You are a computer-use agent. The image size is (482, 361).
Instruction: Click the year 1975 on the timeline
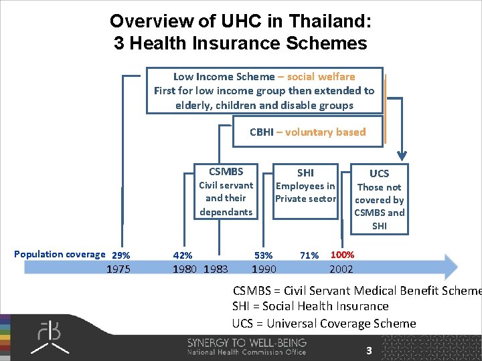pyautogui.click(x=119, y=269)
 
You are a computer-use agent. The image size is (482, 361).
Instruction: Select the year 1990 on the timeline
pyautogui.click(x=263, y=269)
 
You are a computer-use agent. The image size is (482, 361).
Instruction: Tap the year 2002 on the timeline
pyautogui.click(x=341, y=269)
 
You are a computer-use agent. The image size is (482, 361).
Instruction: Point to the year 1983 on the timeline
pyautogui.click(x=214, y=269)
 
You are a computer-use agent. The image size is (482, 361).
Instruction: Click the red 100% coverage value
pyautogui.click(x=343, y=255)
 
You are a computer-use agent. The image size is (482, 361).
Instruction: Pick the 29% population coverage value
pyautogui.click(x=121, y=255)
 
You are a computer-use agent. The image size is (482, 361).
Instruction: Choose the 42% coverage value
pyautogui.click(x=183, y=255)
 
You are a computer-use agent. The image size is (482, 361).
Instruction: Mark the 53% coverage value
pyautogui.click(x=263, y=255)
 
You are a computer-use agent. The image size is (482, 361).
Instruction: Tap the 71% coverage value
pyautogui.click(x=309, y=255)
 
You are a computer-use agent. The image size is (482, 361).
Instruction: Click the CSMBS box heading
pyautogui.click(x=226, y=171)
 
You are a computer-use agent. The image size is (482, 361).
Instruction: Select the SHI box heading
pyautogui.click(x=305, y=172)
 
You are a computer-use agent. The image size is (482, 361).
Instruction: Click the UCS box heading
pyautogui.click(x=379, y=173)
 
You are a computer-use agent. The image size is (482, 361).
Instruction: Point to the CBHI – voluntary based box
pyautogui.click(x=307, y=132)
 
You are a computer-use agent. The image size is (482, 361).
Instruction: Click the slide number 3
pyautogui.click(x=368, y=350)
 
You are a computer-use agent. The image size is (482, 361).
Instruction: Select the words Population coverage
pyautogui.click(x=60, y=254)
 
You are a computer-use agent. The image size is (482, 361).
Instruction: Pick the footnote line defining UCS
pyautogui.click(x=324, y=324)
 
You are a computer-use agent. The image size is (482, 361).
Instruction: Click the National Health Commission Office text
pyautogui.click(x=246, y=352)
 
